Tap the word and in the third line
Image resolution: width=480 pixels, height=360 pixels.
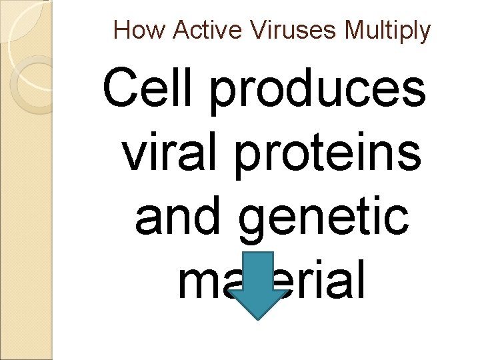(x=175, y=217)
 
